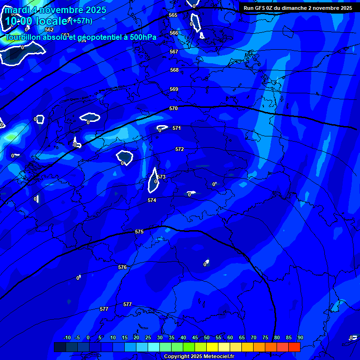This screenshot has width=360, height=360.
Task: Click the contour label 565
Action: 173,15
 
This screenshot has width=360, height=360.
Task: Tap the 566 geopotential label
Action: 174,33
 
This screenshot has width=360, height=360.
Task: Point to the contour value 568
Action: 174,70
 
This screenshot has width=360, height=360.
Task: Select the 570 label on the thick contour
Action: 173,109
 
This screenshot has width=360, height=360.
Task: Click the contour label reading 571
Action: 177,128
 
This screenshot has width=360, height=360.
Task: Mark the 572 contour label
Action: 180,150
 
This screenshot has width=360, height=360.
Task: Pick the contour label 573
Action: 162,177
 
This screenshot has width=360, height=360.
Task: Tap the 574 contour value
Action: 152,201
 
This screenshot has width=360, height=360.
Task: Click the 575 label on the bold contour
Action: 139,232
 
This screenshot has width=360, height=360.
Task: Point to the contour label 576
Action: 122,268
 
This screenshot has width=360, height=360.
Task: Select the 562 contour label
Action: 49,30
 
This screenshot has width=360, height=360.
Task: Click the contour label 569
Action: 174,90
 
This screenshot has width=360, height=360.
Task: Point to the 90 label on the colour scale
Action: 300,338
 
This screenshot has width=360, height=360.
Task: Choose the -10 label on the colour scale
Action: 67,338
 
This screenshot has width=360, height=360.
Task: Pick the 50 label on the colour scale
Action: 207,338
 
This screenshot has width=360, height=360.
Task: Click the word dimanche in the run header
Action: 294,8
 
